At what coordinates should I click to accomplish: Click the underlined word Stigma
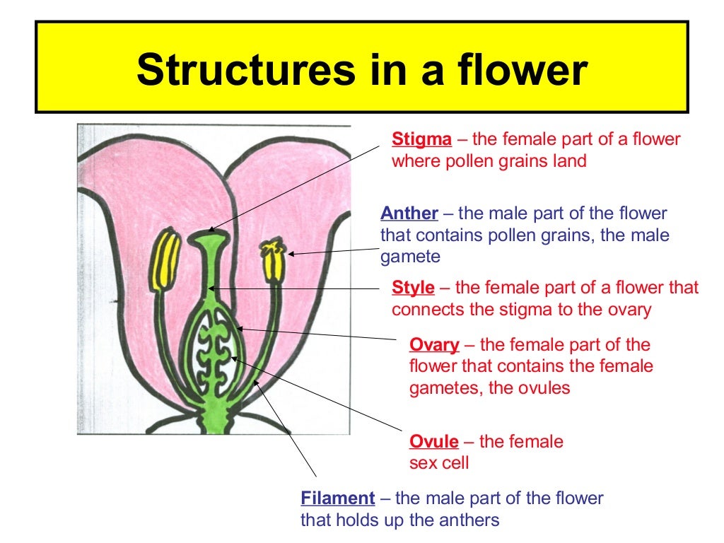(416, 139)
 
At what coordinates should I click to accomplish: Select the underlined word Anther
(409, 214)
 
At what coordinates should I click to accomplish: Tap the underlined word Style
(413, 288)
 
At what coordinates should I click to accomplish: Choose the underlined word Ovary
(434, 345)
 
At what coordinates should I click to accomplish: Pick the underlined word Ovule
(434, 442)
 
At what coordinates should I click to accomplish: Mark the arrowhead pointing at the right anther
(291, 253)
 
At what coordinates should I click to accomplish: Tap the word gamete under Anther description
(410, 257)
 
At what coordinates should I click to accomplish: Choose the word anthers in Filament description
(474, 520)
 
